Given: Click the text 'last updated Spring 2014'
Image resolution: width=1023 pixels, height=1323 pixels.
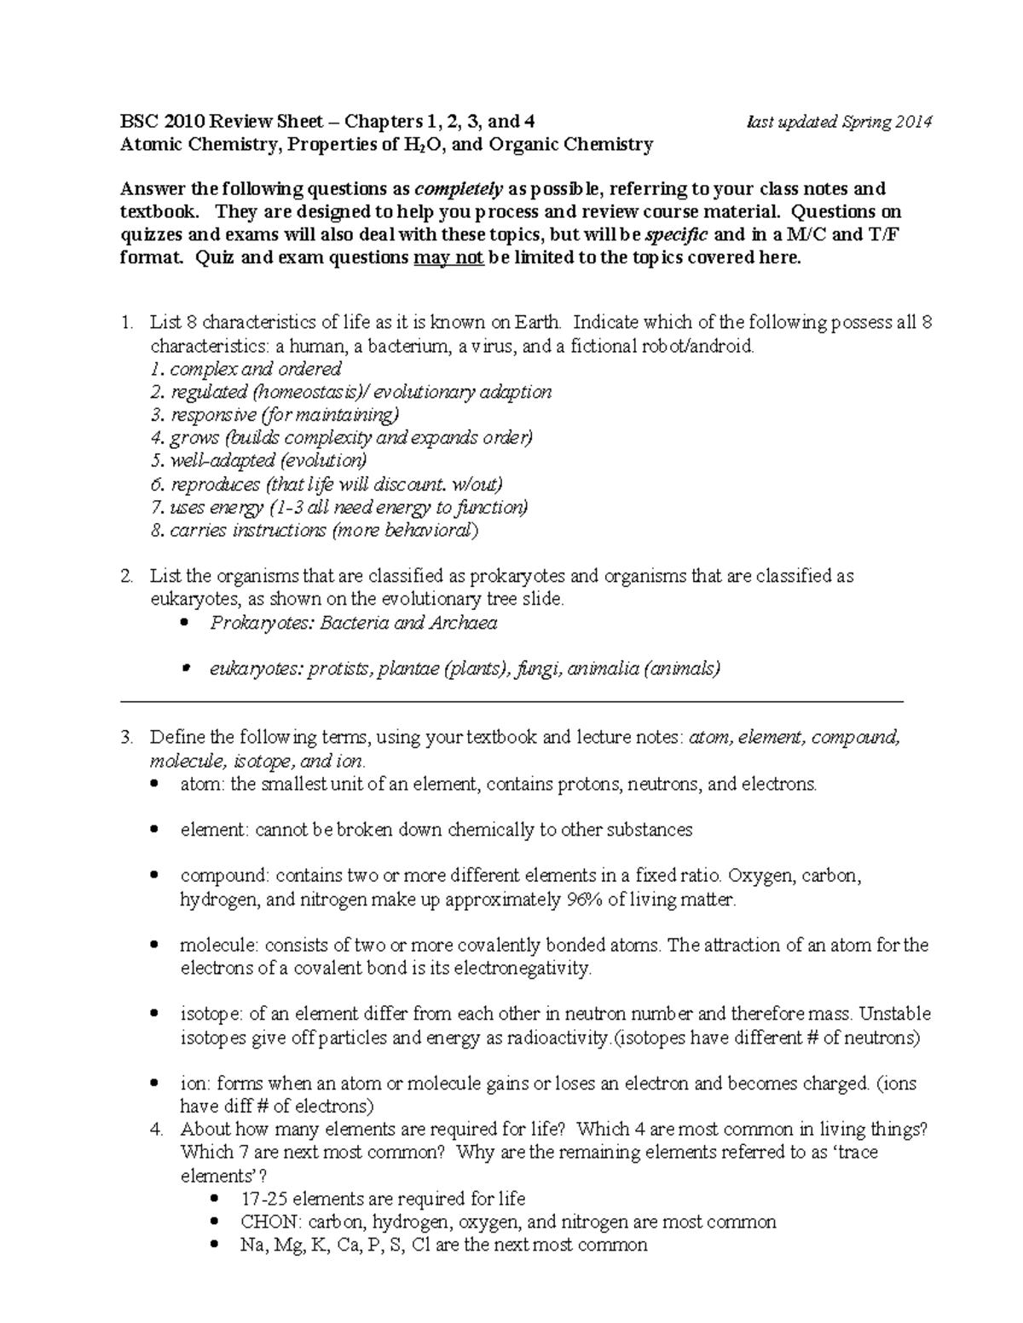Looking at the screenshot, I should (839, 122).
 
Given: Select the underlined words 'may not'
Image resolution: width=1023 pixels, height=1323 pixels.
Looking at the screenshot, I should (448, 258).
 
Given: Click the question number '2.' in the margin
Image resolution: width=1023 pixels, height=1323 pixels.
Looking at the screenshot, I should (127, 577).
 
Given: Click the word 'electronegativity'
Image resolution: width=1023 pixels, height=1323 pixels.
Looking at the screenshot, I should (522, 969).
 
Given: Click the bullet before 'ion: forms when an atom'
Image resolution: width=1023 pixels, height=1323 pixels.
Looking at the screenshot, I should (154, 1084).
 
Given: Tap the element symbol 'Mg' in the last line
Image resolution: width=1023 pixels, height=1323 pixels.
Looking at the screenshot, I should (289, 1245).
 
